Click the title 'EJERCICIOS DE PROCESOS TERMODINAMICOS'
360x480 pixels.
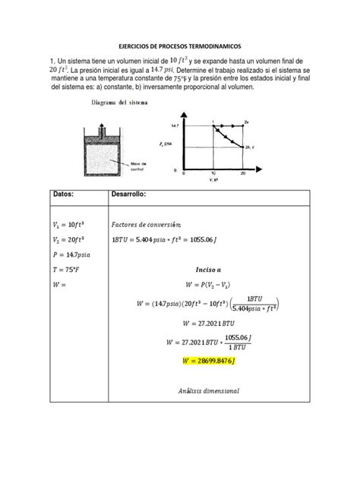tap(180, 46)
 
